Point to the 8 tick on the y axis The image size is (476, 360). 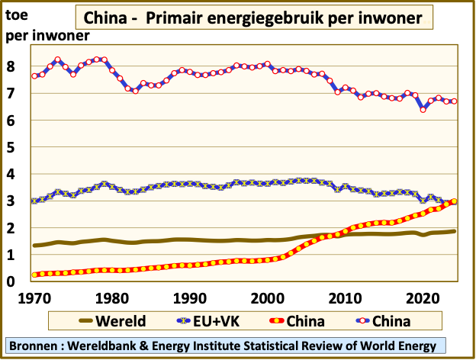click(11, 66)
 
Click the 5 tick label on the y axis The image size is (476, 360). click(11, 147)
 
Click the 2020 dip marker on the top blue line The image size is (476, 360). click(423, 109)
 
